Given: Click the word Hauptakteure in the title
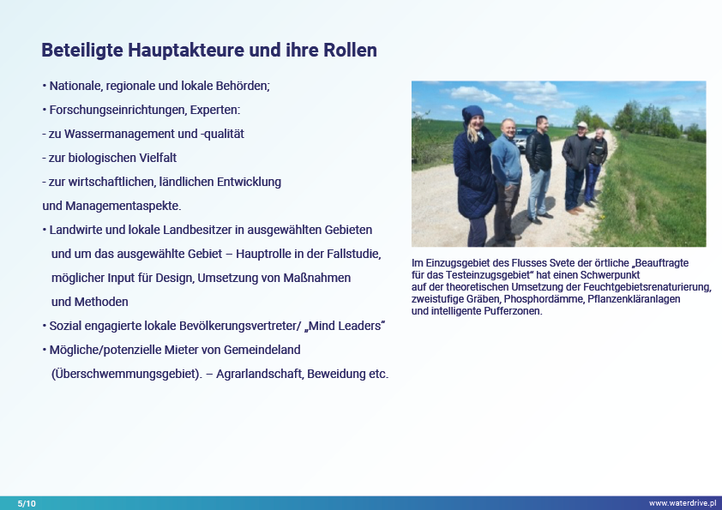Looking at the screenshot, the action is click(x=185, y=51).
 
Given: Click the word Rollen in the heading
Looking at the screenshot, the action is click(x=350, y=50).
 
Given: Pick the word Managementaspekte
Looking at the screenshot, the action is click(x=123, y=207).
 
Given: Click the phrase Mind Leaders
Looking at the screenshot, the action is click(x=345, y=326).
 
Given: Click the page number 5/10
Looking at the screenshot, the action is click(x=27, y=503).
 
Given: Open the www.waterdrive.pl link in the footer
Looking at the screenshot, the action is click(x=683, y=503).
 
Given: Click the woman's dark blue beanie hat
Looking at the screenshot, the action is click(x=472, y=113).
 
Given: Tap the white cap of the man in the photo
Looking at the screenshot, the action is click(x=582, y=125).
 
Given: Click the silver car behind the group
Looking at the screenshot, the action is click(x=521, y=139).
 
